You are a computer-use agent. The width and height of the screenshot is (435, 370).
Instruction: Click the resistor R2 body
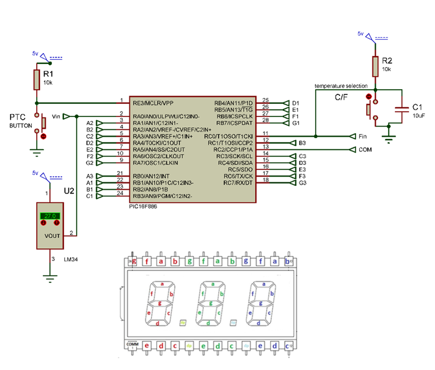pos(375,66)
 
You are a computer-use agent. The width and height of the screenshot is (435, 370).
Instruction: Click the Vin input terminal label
pos(56,116)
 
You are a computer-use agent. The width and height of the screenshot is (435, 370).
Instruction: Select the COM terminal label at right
pos(366,150)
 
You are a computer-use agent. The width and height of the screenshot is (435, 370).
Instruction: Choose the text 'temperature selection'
pos(341,85)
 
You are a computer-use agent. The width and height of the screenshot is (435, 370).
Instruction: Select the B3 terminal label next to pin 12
pos(302,143)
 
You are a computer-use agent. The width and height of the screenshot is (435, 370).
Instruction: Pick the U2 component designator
pos(69,191)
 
